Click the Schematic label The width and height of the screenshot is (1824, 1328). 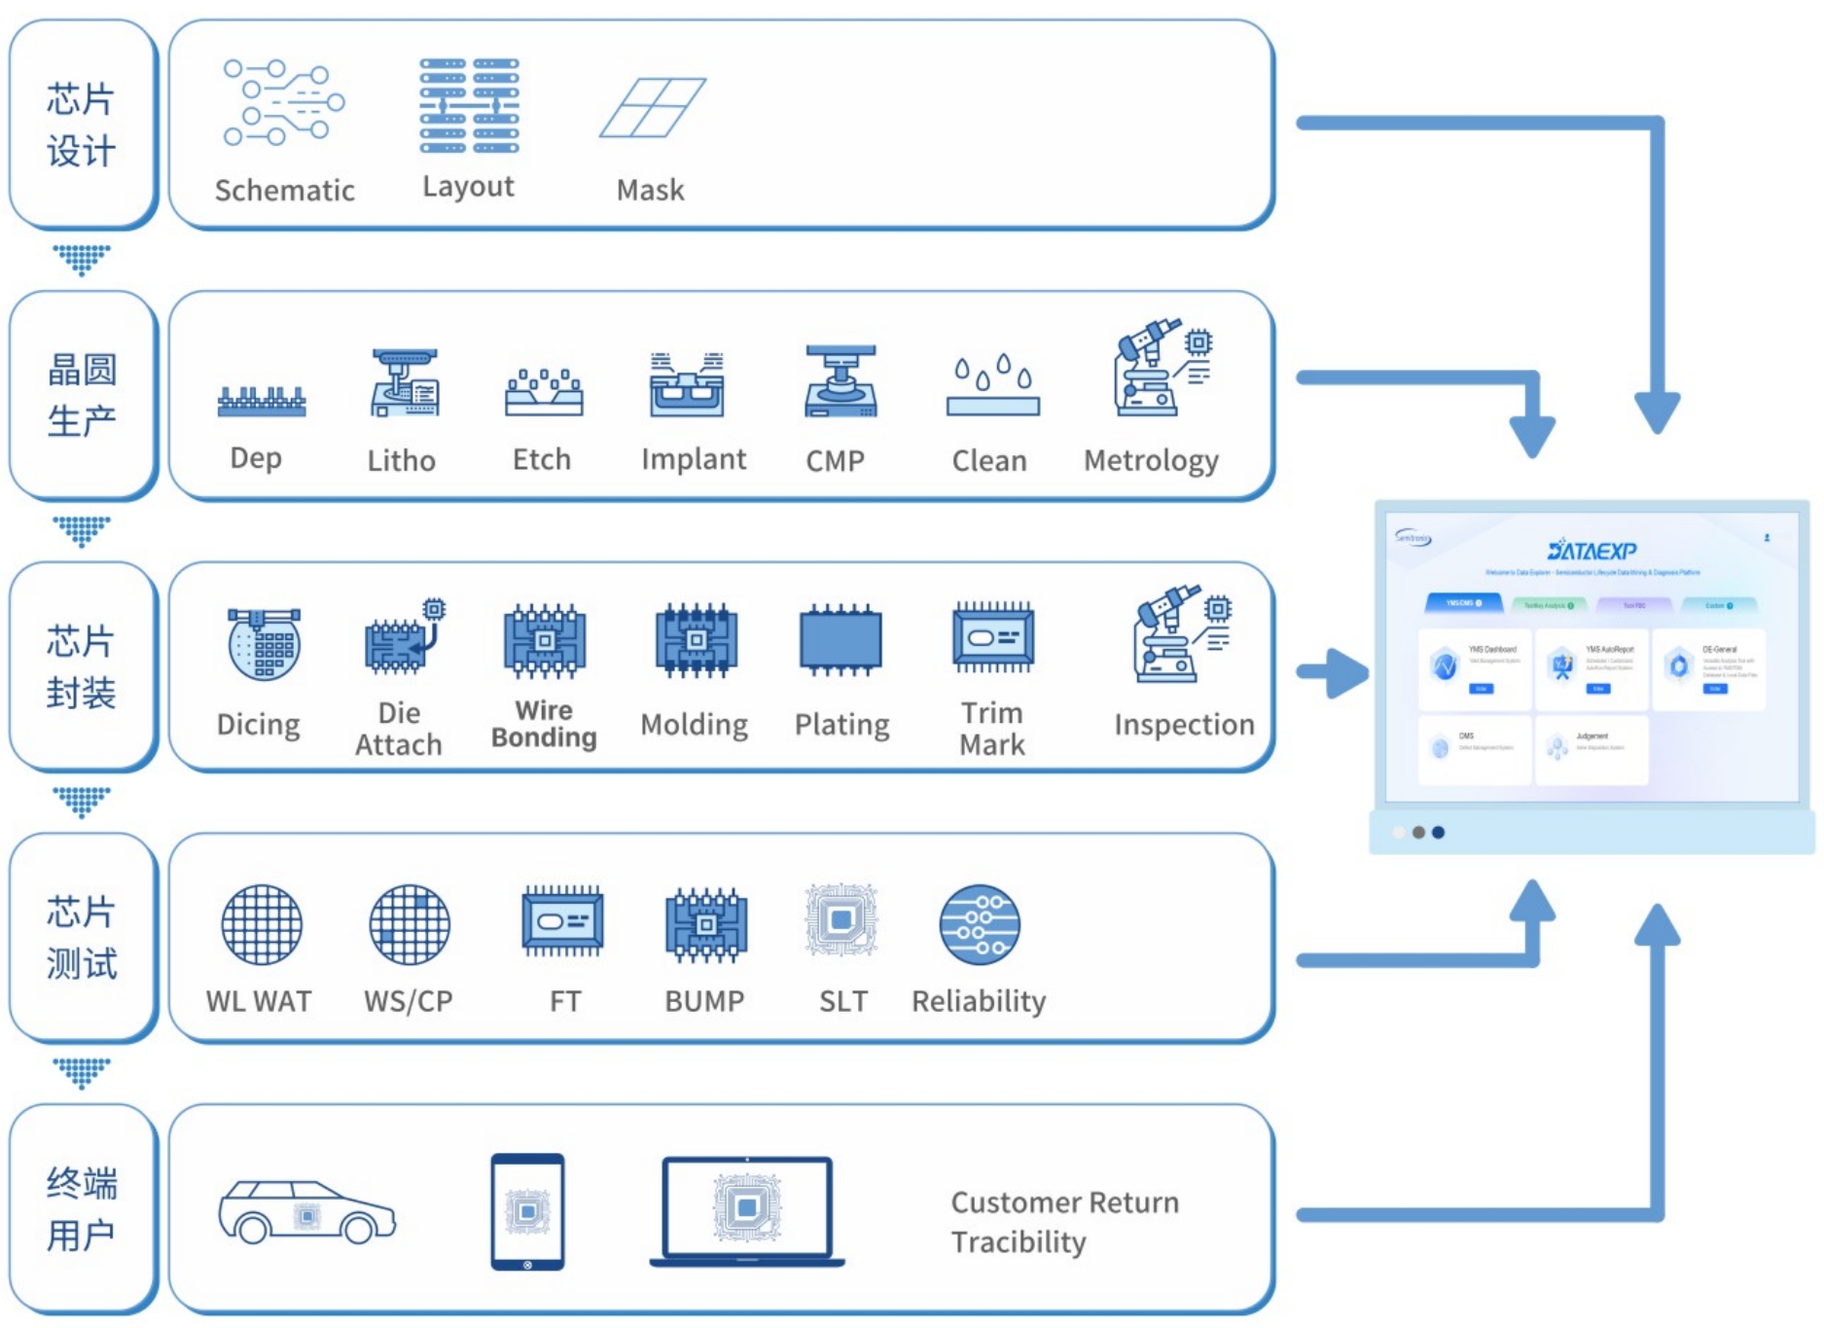[284, 190]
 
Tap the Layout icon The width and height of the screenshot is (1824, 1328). [469, 105]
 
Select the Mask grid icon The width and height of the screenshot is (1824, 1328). [652, 108]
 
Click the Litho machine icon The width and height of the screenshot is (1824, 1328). [404, 383]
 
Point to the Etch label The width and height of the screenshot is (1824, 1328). [542, 459]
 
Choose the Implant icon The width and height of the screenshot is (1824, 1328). [687, 384]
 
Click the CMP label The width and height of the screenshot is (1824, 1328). [835, 460]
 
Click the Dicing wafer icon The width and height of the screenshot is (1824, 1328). [264, 643]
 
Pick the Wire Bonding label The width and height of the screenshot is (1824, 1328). [544, 724]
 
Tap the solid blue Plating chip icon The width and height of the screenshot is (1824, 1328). [840, 640]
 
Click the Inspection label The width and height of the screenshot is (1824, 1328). [1184, 725]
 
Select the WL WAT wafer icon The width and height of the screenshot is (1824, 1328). [262, 924]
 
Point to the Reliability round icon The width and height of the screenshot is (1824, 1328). [980, 924]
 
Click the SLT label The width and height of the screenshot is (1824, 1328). [842, 1001]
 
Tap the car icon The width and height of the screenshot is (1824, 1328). [306, 1212]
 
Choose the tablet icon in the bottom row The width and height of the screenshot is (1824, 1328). [527, 1211]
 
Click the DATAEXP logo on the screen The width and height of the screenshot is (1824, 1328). [1592, 551]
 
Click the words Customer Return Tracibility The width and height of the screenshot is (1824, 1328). [1064, 1222]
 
